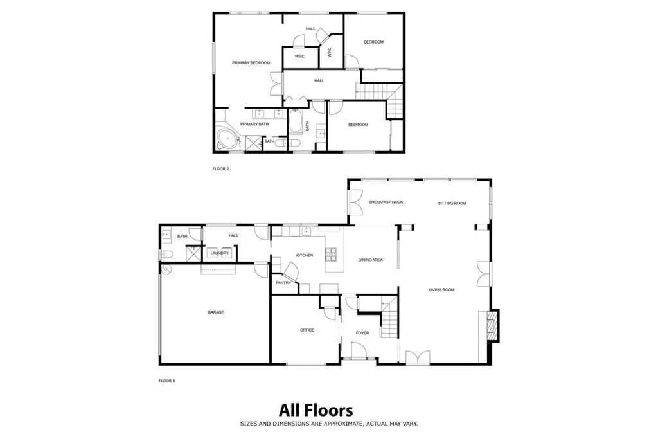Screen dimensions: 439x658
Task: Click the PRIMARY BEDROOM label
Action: (251, 62)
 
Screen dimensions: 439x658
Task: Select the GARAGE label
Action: (215, 312)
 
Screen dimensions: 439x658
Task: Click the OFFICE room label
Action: (307, 330)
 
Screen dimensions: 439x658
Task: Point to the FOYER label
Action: (362, 333)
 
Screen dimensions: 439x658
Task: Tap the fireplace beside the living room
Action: (492, 324)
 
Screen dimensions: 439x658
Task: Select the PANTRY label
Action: (283, 282)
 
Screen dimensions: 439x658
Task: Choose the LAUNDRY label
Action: (219, 253)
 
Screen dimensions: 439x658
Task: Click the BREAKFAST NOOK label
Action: (386, 202)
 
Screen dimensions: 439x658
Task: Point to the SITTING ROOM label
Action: (452, 203)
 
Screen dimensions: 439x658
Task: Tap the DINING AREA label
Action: (370, 260)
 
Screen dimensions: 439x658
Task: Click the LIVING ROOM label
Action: (441, 290)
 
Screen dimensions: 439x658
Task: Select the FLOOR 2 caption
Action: (220, 169)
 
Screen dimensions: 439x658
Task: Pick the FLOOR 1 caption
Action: (166, 381)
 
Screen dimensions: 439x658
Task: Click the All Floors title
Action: (316, 409)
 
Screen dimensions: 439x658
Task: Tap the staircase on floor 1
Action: (388, 321)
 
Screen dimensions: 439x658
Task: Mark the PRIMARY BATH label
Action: (254, 123)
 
